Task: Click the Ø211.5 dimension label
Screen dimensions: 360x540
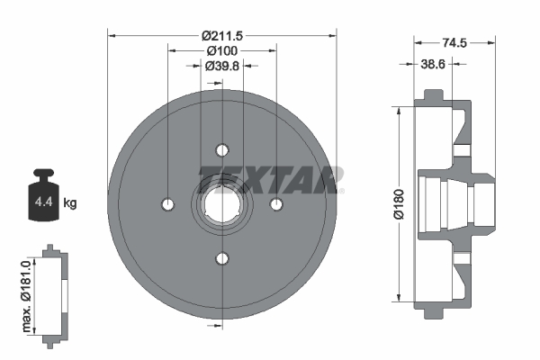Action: (221, 35)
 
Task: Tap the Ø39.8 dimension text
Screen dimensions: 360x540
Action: (221, 66)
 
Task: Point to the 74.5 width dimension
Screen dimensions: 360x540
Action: (454, 41)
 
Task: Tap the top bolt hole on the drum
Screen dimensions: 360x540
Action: (222, 149)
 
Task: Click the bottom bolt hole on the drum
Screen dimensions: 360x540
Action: (222, 259)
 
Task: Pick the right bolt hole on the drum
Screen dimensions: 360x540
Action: (277, 204)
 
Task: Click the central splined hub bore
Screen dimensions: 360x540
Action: (222, 204)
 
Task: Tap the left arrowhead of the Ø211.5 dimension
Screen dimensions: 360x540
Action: (112, 35)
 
